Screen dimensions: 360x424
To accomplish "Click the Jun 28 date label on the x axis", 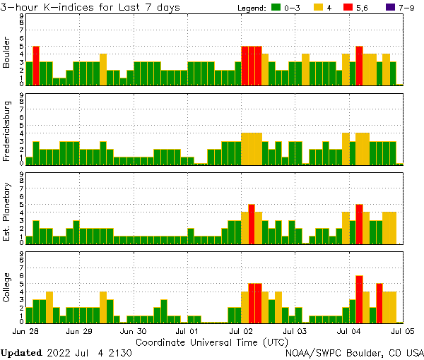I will coord(25,330).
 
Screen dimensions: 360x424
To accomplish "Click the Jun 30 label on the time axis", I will coord(133,330).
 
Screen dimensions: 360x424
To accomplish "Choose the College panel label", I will coord(6,287).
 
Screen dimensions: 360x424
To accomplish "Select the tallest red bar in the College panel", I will coord(359,299).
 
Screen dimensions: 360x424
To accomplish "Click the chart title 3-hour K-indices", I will coord(90,7).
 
